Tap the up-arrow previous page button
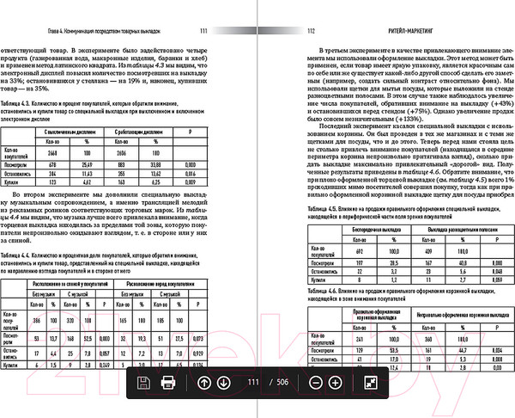[x=203, y=382]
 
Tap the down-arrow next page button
[x=223, y=382]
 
